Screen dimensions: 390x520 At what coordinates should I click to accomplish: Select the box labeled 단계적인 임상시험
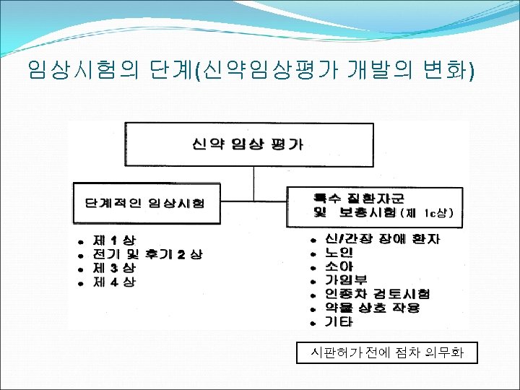(x=144, y=203)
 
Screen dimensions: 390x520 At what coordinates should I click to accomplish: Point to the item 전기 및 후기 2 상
(x=148, y=253)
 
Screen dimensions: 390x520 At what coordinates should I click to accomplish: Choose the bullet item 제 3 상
(x=114, y=268)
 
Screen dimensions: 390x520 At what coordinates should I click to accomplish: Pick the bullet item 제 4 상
(x=114, y=282)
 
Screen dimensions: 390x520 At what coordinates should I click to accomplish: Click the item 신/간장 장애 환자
(x=382, y=238)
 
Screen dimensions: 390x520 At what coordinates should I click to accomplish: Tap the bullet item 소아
(x=339, y=266)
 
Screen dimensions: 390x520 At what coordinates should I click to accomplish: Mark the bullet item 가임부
(x=346, y=279)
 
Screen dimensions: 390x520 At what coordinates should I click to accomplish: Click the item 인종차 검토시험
(x=377, y=293)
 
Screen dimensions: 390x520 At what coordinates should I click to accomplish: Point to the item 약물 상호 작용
(x=372, y=307)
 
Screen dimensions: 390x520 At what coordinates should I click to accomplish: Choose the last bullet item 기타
(x=339, y=321)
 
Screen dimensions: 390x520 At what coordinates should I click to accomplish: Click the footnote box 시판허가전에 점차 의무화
(x=386, y=353)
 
